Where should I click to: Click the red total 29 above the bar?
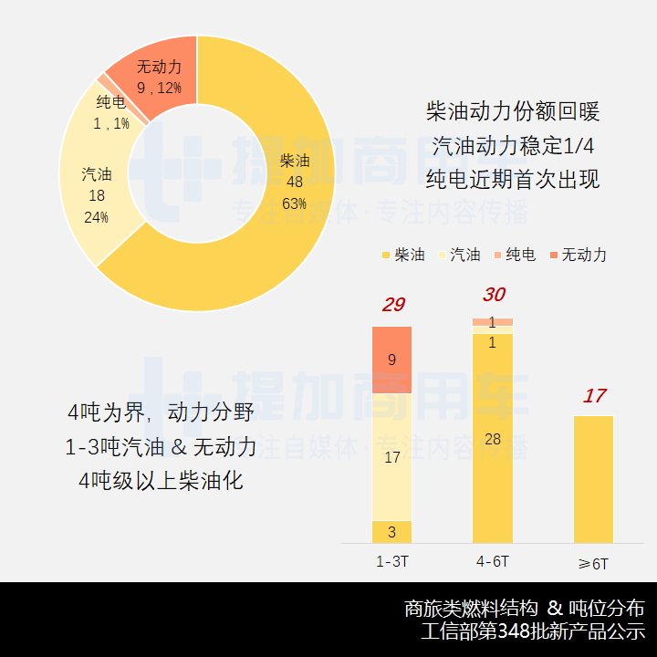pyautogui.click(x=392, y=305)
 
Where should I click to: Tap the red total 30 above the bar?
pyautogui.click(x=493, y=295)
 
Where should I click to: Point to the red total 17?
pyautogui.click(x=594, y=396)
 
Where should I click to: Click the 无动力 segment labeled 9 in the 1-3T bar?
pyautogui.click(x=391, y=360)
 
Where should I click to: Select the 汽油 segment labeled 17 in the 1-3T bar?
pyautogui.click(x=391, y=456)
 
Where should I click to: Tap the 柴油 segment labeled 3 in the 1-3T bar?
pyautogui.click(x=391, y=532)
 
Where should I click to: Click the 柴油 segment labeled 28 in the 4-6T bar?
pyautogui.click(x=493, y=439)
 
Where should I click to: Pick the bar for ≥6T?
pyautogui.click(x=594, y=479)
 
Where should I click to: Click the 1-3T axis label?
pyautogui.click(x=391, y=560)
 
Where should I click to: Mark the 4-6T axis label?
pyautogui.click(x=493, y=560)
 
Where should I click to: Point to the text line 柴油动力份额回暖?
pyautogui.click(x=513, y=112)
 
